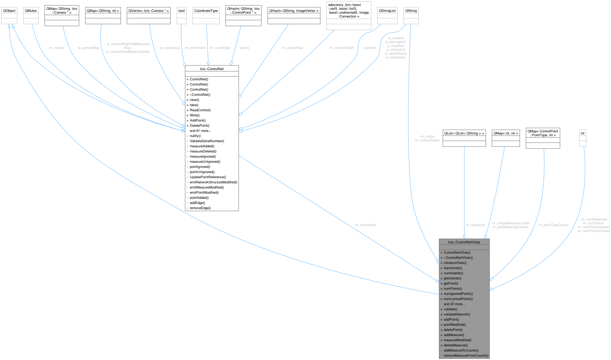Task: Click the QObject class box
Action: [x=9, y=11]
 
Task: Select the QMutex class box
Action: [x=31, y=11]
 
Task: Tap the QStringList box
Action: [x=387, y=11]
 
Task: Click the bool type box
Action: [x=182, y=11]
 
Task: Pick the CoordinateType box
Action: [x=206, y=11]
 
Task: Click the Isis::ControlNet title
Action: [x=212, y=69]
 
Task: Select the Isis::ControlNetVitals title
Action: [x=464, y=242]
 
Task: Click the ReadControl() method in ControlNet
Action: [x=200, y=110]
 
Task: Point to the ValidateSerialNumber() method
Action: [x=207, y=141]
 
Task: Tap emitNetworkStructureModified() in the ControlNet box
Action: [x=213, y=182]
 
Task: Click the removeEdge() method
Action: [x=200, y=208]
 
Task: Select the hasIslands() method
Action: [x=453, y=268]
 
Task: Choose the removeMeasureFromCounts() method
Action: [x=466, y=356]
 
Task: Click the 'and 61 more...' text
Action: [x=200, y=131]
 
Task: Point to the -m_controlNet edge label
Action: [x=365, y=225]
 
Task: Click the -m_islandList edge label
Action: [x=475, y=225]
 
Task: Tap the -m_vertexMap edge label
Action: [x=292, y=48]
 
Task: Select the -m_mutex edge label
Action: [x=56, y=48]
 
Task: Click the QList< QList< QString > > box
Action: [x=464, y=133]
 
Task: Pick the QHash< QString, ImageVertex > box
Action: [x=294, y=11]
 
